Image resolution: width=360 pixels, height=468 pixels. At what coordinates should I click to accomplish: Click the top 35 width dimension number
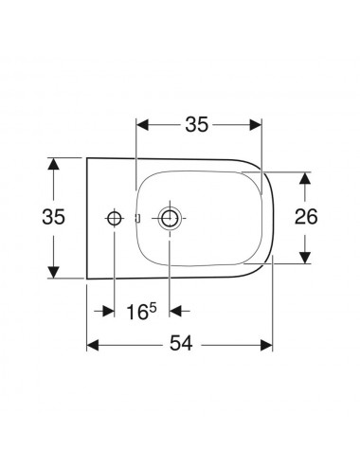click(197, 124)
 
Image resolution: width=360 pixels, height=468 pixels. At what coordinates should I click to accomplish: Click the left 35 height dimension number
click(54, 217)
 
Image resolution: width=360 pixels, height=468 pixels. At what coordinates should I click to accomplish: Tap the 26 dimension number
click(306, 217)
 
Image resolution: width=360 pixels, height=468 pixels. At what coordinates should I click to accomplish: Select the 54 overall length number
click(181, 343)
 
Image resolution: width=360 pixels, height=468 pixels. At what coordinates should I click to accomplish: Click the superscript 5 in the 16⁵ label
click(153, 307)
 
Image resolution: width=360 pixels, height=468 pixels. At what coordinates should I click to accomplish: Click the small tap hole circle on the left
click(114, 218)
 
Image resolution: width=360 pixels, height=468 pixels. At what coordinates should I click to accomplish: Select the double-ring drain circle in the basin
click(170, 218)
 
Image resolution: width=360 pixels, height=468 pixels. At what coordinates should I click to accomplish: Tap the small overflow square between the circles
click(137, 218)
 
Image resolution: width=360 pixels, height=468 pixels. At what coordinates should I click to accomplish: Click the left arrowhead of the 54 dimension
click(93, 345)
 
